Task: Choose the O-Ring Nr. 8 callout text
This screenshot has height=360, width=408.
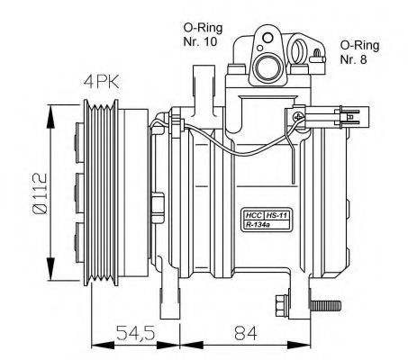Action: [x=358, y=53]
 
